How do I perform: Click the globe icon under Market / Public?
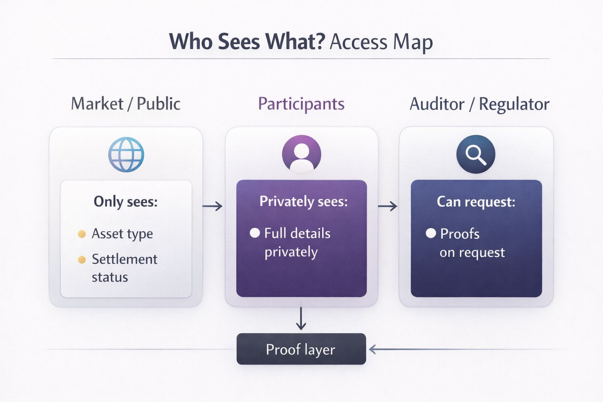coord(126,155)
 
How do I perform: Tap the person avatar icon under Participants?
coord(301,154)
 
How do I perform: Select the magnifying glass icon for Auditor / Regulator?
coord(475,154)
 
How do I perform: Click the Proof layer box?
coord(301,349)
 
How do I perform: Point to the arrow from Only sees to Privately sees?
coord(212,206)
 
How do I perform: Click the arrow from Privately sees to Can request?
coord(388,206)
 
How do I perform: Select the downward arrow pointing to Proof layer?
coord(301,319)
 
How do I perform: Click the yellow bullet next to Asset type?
coord(82,234)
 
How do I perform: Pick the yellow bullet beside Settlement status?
coord(82,260)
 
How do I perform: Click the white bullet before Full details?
coord(255,233)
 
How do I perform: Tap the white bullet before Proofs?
coord(431,234)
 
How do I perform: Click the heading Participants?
coord(301,104)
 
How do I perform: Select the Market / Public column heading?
coord(126,104)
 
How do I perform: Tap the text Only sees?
coord(126,202)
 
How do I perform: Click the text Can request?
coord(476,202)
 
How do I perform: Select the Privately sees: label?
coord(303,202)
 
